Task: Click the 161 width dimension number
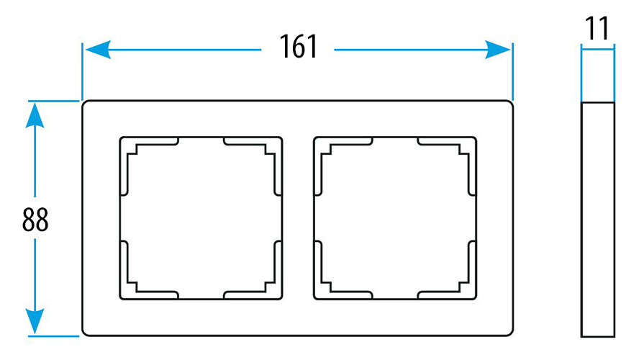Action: [298, 48]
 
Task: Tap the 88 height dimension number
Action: [35, 220]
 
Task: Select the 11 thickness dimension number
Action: [597, 29]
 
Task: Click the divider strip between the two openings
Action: [298, 217]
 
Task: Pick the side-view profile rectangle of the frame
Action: [597, 219]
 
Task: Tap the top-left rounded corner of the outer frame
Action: [86, 105]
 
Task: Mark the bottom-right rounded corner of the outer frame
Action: [509, 332]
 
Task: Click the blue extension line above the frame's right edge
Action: [512, 72]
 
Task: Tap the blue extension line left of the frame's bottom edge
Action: [54, 336]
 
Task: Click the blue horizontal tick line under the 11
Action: [597, 49]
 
